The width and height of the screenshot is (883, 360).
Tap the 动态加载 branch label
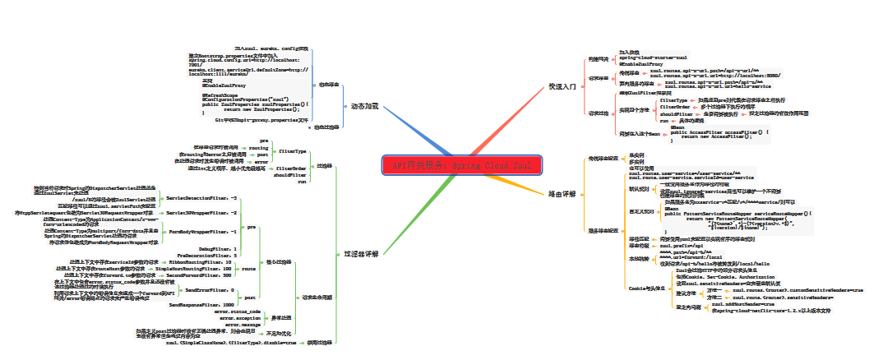coord(364,107)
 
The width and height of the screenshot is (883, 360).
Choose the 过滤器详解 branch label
coord(360,254)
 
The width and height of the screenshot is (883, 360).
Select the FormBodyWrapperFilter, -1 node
coord(202,233)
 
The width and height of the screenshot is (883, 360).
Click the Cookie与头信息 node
coord(645,288)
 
